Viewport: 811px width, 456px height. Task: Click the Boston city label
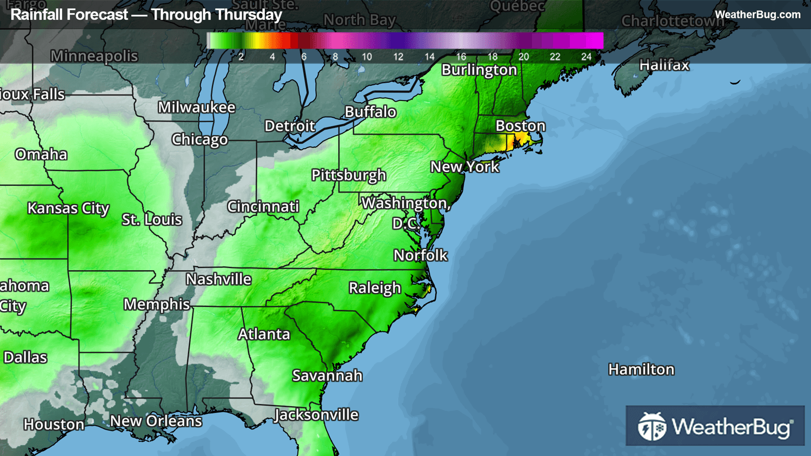tap(520, 126)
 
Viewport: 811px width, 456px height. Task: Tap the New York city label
tap(464, 166)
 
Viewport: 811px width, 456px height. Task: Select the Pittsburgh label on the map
tap(349, 175)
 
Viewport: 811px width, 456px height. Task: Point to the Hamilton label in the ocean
tap(641, 370)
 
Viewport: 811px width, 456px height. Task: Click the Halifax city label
tap(664, 65)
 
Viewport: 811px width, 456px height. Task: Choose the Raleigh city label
tap(375, 288)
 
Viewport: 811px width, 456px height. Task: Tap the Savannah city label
tap(327, 375)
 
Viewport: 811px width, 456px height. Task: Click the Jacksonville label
tap(316, 415)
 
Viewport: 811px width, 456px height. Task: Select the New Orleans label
tap(156, 421)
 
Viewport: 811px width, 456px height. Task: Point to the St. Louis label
tap(152, 219)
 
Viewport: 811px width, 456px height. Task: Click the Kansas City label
tap(68, 208)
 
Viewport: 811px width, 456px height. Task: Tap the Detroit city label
tap(289, 126)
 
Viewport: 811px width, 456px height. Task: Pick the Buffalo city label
tap(370, 112)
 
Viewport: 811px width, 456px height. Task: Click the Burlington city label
tap(479, 70)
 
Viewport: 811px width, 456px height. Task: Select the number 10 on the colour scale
tap(367, 57)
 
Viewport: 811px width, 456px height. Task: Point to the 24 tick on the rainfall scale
tap(586, 57)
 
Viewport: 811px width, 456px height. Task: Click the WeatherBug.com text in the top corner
tap(757, 15)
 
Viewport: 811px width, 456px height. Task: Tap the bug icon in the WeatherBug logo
tap(652, 426)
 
